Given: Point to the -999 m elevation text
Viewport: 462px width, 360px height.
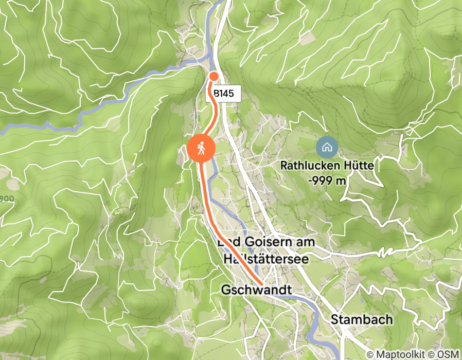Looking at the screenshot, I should (326, 181).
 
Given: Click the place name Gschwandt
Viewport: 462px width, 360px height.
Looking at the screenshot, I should (257, 290).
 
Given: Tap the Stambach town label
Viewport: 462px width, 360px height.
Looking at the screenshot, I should (362, 319).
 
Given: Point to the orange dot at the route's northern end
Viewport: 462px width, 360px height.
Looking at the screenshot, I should (214, 77).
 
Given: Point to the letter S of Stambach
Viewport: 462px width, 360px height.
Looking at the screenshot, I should (335, 319).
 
